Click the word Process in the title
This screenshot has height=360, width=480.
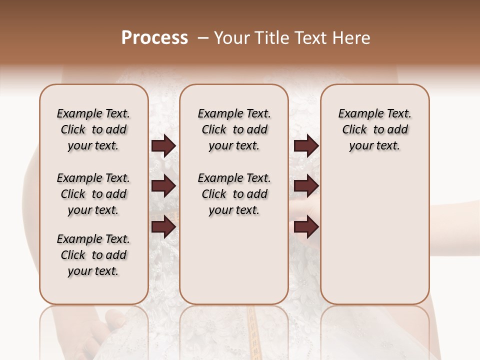coord(154,38)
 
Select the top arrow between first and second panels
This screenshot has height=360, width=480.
coord(163,146)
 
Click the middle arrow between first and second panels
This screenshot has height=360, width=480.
coord(163,186)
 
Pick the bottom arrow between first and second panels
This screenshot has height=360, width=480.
coord(163,227)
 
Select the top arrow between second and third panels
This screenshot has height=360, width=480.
coord(306,146)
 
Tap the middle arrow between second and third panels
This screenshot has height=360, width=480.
coord(306,186)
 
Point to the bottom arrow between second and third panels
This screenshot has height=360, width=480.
coord(306,227)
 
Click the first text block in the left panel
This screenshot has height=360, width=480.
coord(93,129)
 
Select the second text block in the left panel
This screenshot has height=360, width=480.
coord(93,194)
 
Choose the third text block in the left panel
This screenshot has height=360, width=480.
coord(93,255)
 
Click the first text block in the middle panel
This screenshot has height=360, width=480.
coord(234,129)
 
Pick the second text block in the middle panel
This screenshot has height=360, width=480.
coord(234,194)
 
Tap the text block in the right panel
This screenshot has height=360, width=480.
coord(374,129)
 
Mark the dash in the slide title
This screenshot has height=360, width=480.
coord(203,38)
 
